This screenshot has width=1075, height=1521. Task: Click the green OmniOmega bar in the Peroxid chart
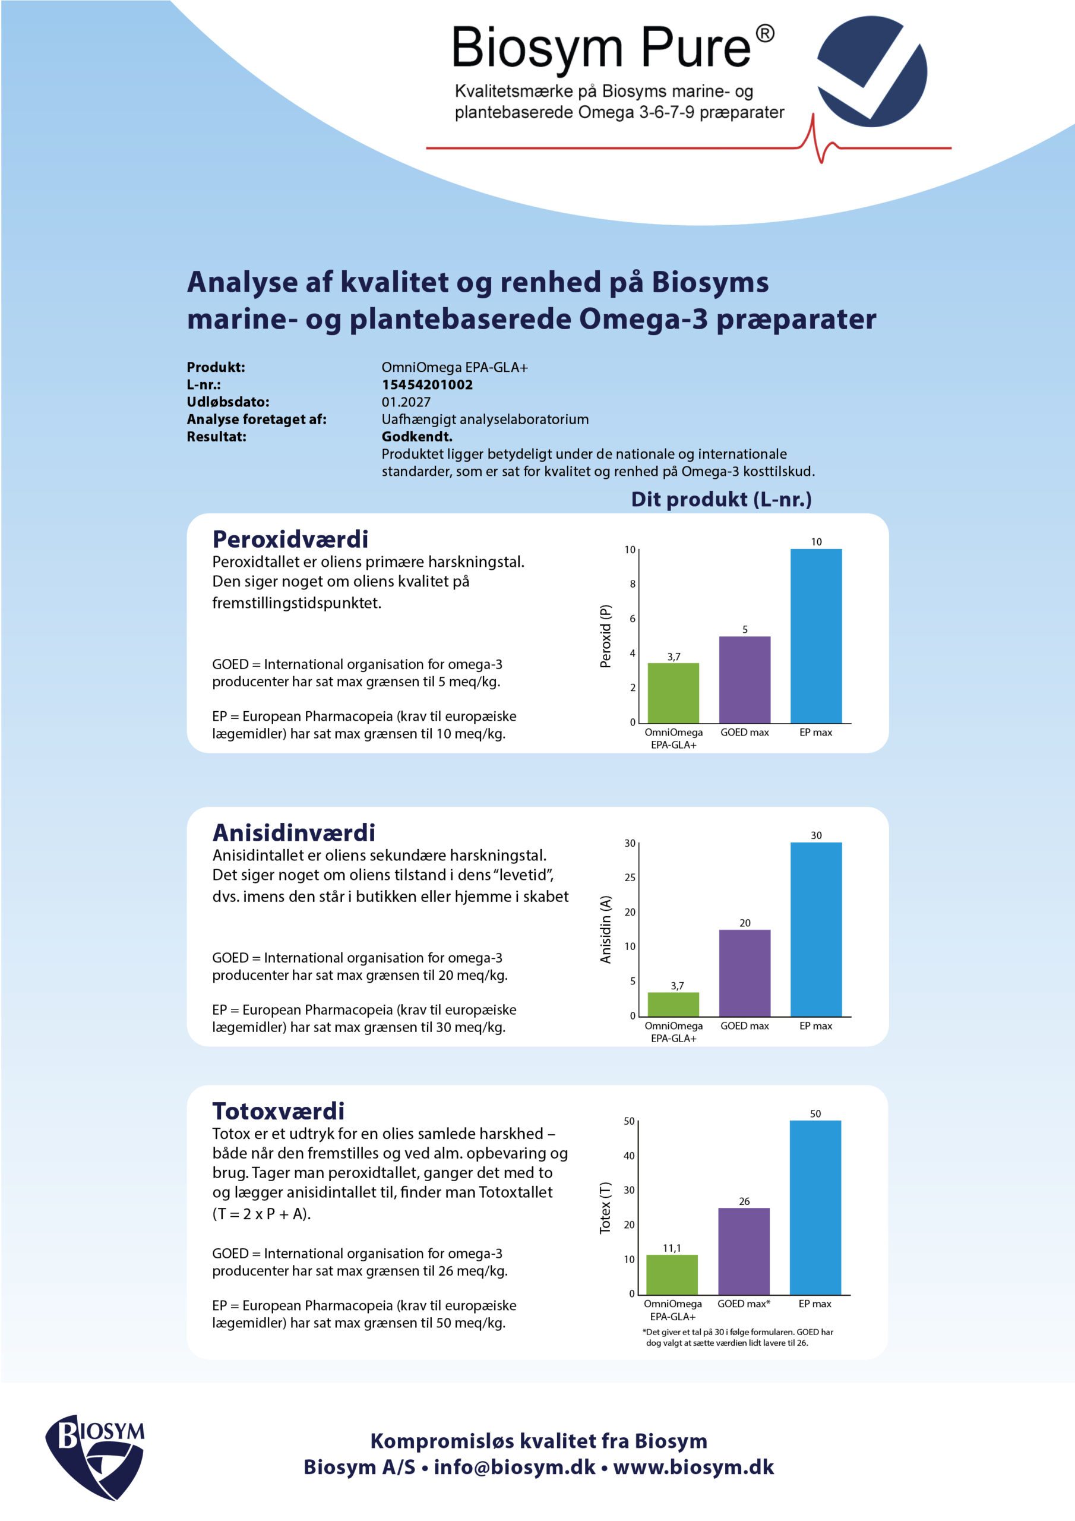click(x=673, y=692)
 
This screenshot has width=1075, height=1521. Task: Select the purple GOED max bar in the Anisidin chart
click(x=745, y=973)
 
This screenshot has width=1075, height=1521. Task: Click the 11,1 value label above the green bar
click(x=672, y=1248)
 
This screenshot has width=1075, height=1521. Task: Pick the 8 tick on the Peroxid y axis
click(x=633, y=583)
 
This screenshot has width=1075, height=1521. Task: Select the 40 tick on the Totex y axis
click(x=628, y=1156)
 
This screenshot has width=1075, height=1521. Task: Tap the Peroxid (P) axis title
click(x=605, y=636)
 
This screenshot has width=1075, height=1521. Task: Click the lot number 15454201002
click(x=426, y=384)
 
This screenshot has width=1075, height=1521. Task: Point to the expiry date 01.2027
click(x=406, y=402)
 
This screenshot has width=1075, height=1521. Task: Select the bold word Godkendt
click(x=416, y=437)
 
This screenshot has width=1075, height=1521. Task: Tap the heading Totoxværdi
click(x=278, y=1110)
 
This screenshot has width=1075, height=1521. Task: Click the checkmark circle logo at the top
click(x=871, y=71)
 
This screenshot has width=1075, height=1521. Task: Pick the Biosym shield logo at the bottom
click(x=94, y=1457)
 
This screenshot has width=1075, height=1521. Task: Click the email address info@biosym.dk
click(x=515, y=1467)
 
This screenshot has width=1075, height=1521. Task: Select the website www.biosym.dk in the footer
click(x=694, y=1467)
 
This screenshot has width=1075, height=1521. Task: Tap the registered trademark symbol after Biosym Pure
click(x=765, y=33)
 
